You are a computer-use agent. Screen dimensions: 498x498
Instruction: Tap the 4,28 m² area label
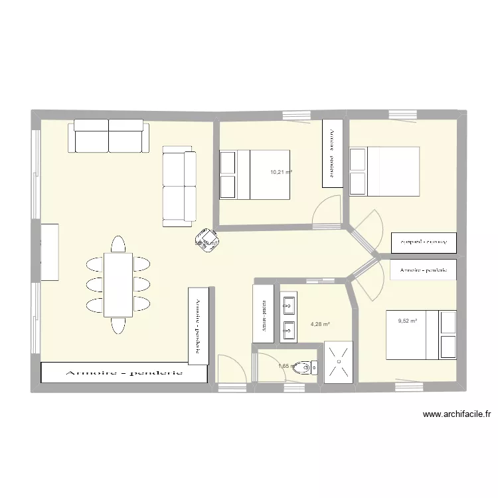(x=320, y=325)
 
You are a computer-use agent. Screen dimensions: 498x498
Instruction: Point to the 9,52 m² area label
(x=407, y=321)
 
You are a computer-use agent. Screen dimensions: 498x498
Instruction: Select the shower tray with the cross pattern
(x=339, y=363)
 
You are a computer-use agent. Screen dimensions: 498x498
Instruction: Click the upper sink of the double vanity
(x=289, y=307)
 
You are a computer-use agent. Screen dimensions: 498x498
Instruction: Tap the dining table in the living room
(x=118, y=284)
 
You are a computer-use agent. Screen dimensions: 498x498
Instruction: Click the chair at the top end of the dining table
(x=118, y=244)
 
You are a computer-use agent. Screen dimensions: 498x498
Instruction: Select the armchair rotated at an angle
(x=207, y=240)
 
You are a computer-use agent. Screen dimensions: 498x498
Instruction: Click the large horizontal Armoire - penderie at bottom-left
(x=124, y=373)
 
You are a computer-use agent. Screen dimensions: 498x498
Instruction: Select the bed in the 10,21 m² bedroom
(x=255, y=174)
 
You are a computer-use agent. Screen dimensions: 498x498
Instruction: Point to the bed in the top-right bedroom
(x=384, y=171)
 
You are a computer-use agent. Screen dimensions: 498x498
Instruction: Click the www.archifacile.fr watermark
(x=457, y=414)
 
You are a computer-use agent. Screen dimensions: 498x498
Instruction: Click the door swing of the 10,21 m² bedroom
(x=325, y=214)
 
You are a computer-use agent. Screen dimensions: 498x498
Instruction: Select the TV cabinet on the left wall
(x=50, y=252)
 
